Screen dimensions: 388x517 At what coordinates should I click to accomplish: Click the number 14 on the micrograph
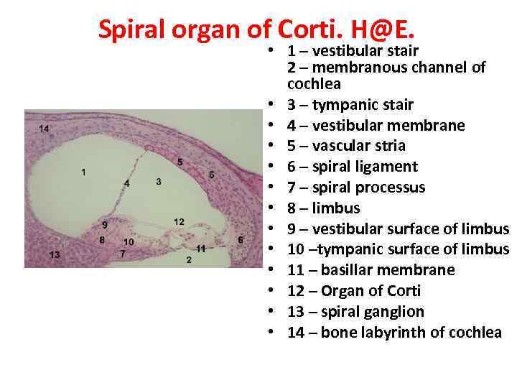point(44,129)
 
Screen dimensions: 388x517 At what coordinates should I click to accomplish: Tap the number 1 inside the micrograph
point(84,172)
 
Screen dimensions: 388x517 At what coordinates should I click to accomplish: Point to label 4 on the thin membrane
point(126,184)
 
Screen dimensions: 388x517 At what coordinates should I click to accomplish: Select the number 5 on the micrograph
point(180,162)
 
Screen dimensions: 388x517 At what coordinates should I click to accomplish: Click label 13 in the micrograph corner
point(55,255)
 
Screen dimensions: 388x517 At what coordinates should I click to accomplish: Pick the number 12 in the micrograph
point(179,221)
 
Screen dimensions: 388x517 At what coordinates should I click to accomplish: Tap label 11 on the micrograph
point(201,249)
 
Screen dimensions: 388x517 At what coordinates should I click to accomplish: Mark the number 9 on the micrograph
point(105,226)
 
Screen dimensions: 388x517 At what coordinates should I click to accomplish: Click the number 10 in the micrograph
point(129,242)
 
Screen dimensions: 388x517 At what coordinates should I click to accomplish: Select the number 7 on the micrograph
point(123,254)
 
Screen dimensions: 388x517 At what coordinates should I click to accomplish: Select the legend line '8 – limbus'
point(323,208)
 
